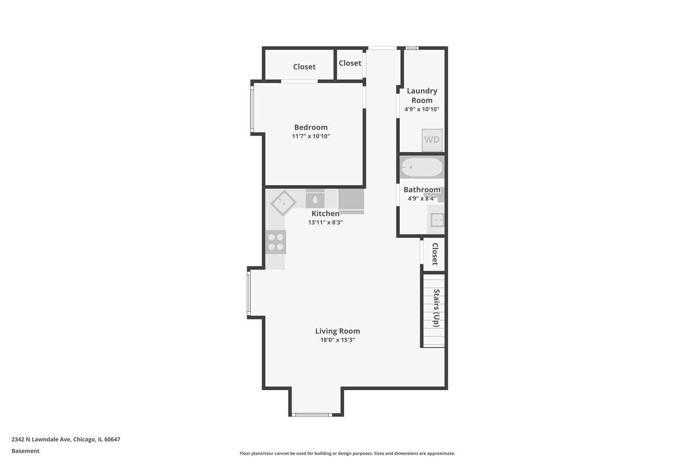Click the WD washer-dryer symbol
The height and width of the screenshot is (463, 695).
(432, 140)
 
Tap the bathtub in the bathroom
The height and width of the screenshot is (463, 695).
(422, 167)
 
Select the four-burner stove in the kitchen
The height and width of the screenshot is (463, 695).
(275, 242)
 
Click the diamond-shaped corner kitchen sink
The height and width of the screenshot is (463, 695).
(283, 203)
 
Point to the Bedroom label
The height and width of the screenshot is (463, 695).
(311, 127)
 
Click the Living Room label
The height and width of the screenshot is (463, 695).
(337, 331)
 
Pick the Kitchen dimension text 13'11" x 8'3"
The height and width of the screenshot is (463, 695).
(325, 222)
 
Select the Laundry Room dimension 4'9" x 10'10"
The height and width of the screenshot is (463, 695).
(422, 109)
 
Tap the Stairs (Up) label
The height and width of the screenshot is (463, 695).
(436, 308)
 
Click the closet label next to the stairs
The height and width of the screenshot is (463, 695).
(435, 254)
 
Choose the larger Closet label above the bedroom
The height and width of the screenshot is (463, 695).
(304, 67)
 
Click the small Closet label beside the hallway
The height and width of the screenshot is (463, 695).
(350, 63)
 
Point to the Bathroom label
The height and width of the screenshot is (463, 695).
(422, 189)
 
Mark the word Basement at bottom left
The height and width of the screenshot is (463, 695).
(25, 451)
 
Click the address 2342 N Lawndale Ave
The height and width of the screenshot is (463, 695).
(66, 439)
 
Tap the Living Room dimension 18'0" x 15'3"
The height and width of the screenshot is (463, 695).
(337, 340)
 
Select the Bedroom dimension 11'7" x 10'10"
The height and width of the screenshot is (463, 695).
(311, 136)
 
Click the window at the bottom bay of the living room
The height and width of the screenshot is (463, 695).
(312, 415)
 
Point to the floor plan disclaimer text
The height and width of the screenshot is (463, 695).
(347, 454)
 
